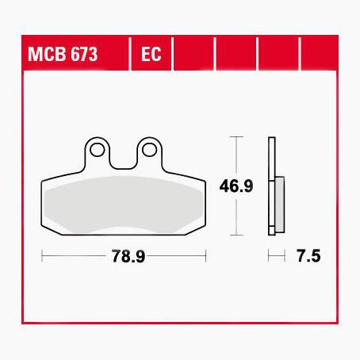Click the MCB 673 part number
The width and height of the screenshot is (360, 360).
63,54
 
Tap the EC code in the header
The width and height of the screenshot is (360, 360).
151,54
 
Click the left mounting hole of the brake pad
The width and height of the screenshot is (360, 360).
97,150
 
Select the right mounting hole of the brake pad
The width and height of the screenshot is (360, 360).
149,150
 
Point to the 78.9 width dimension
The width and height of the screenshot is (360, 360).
128,256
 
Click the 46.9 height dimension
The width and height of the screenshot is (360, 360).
236,186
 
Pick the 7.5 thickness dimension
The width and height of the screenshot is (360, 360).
308,256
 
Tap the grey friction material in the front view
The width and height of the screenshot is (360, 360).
124,205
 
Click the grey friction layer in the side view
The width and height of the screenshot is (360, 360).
280,205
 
